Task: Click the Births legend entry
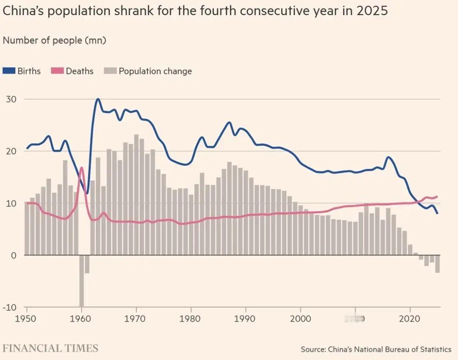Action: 22,71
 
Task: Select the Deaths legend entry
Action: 73,71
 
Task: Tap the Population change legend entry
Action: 148,71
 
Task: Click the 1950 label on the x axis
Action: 26,318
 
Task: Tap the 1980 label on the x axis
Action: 191,318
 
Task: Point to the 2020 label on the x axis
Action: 410,318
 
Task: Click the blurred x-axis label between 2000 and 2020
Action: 355,318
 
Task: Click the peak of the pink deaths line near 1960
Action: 81,168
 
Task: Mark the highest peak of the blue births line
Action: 98,99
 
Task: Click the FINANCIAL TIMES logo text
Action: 50,349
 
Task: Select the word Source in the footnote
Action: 313,349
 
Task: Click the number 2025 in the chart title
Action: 372,11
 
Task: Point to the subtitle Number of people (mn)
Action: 54,41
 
